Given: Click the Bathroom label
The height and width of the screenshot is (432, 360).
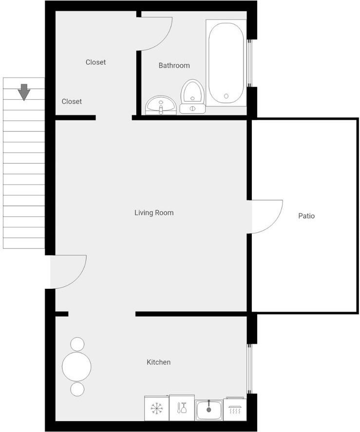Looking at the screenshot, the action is coord(174,66).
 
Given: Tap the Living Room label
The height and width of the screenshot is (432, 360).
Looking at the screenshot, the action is coord(154,213).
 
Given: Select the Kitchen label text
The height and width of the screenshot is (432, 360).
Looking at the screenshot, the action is coord(158,362).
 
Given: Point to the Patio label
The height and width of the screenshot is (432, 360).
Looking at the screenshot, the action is coord(306,216).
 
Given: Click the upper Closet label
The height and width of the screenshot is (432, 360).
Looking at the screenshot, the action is coord(95,62).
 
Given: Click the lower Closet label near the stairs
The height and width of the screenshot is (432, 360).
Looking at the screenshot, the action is coord(72,102).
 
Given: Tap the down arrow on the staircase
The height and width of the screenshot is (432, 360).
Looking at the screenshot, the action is coord(24,92).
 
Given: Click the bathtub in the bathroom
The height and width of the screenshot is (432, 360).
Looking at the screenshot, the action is coord(226,63).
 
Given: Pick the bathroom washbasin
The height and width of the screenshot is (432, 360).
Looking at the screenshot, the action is coord(161,105).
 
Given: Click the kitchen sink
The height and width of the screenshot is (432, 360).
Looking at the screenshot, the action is coord(209,410).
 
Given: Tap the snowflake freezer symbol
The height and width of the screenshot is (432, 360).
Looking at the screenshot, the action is coord(157,408).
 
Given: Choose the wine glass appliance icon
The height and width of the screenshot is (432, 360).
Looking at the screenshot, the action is coord(182,408).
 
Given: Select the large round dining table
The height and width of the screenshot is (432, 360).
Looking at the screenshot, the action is coord(76,367).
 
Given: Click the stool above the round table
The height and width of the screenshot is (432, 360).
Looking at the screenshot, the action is coord(77,344).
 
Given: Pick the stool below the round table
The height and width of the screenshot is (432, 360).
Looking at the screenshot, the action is coord(77,389).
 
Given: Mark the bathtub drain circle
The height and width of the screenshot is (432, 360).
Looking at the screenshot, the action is coord(227,96).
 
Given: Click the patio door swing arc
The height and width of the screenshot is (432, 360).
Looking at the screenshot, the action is coord(275,222).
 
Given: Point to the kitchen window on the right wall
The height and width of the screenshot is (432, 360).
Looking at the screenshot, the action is coord(249,369).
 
